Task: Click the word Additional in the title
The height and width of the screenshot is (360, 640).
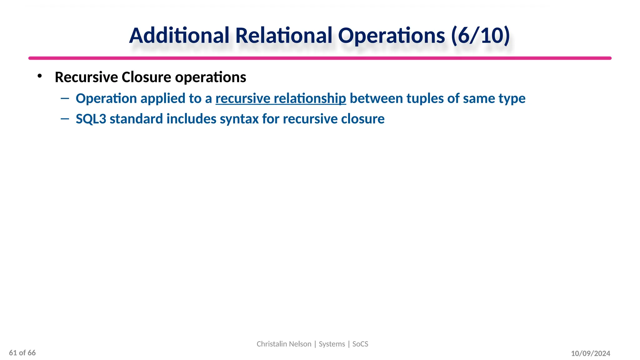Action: (x=179, y=35)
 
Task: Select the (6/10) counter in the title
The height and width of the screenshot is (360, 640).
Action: (x=480, y=35)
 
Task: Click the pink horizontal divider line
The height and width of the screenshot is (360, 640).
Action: (x=320, y=58)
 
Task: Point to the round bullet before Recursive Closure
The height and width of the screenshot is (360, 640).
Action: (x=39, y=76)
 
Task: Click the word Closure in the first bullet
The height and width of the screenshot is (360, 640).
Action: (x=146, y=77)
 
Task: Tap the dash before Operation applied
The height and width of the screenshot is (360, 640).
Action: (x=65, y=98)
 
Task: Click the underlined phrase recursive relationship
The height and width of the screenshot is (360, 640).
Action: (x=281, y=98)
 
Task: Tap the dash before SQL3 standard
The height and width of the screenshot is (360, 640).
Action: (x=65, y=119)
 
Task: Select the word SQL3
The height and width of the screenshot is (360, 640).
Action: (x=91, y=119)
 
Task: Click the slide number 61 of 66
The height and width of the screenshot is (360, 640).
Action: (x=22, y=353)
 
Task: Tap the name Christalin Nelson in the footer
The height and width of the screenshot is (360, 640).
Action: (x=284, y=344)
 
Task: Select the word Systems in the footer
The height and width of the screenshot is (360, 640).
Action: (x=332, y=344)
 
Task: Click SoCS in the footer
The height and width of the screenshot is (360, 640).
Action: (x=360, y=344)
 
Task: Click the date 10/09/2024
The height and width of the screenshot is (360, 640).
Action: (x=590, y=353)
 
